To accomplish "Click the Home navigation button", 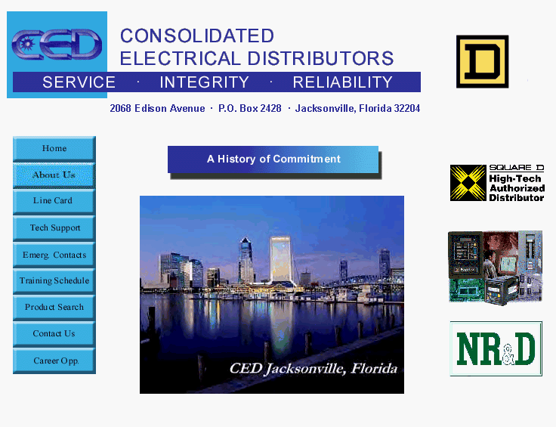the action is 54,149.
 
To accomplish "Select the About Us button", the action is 54,175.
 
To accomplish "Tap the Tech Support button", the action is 54,228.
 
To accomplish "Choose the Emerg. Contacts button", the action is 54,255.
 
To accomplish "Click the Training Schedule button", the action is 54,281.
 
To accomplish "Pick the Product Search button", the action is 54,308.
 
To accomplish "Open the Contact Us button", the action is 54,334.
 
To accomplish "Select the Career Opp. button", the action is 54,360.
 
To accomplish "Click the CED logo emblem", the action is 57,45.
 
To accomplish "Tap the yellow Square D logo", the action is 482,61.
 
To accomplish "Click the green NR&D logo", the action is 496,348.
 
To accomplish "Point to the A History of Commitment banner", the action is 273,159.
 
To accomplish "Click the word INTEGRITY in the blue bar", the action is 204,82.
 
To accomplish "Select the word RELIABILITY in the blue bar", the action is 342,82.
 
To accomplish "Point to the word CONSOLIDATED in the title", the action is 197,36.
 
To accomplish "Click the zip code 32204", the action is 407,108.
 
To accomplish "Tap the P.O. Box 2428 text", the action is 249,108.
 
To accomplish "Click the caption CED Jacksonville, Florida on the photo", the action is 313,369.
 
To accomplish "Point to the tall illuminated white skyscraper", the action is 280,259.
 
